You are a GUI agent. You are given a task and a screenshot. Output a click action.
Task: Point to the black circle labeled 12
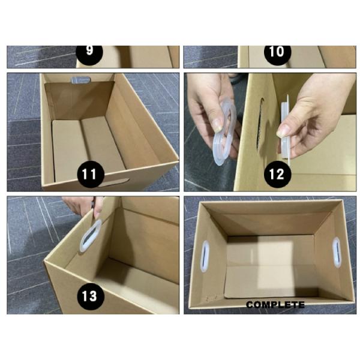point(277,174)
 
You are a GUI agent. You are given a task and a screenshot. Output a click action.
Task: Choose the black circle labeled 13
point(89,295)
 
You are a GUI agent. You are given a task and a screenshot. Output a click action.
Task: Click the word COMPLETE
point(275,305)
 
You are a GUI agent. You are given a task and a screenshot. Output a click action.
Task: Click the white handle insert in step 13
point(91,235)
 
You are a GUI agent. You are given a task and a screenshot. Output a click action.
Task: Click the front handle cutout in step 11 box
point(117,181)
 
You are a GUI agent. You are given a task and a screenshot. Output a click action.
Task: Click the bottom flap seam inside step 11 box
point(81,144)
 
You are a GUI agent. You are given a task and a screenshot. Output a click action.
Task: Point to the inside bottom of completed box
point(270,264)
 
